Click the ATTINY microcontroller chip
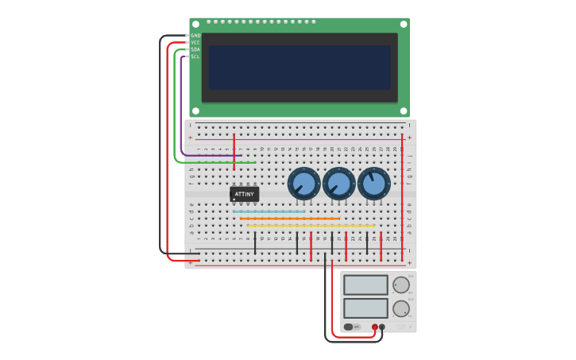tap(244, 194)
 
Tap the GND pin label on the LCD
tap(195, 36)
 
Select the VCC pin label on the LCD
tap(195, 42)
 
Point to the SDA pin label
tap(195, 49)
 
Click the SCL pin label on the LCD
tap(195, 56)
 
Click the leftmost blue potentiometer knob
tap(303, 184)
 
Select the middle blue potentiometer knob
tap(338, 184)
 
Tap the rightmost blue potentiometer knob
tap(373, 184)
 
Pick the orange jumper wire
tap(289, 219)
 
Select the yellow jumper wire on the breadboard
tap(311, 226)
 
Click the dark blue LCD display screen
tap(300, 68)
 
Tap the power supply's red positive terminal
tap(375, 327)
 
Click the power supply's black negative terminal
tap(382, 327)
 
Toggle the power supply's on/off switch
tap(349, 327)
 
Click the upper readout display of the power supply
tap(365, 285)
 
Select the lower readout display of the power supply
tap(365, 308)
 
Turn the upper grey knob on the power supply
tap(401, 285)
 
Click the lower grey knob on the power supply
tap(401, 308)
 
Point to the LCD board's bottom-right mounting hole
tap(403, 111)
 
